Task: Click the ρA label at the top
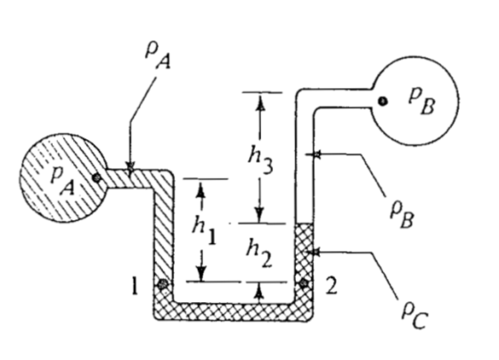158,57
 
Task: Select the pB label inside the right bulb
422,102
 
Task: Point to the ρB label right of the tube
402,214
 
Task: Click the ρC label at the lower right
414,315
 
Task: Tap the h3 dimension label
260,160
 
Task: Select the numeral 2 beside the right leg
331,285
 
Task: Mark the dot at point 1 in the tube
162,283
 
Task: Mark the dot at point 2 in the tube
303,282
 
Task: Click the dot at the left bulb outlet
97,177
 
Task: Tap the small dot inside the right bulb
382,102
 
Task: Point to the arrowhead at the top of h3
260,102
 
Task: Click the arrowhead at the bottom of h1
201,274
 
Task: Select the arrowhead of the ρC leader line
313,252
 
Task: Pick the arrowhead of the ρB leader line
313,154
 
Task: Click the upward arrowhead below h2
260,290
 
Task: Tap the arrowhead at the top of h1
200,188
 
